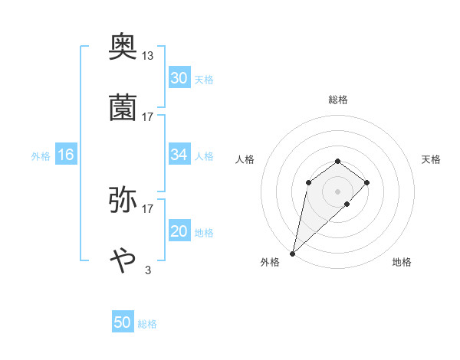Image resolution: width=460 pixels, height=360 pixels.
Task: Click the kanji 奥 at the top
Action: [123, 47]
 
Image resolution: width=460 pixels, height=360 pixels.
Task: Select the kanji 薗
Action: [123, 108]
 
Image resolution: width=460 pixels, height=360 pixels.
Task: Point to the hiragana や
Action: [123, 260]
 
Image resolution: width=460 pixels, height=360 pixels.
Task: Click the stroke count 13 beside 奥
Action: [148, 55]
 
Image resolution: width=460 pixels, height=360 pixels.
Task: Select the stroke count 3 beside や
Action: [148, 270]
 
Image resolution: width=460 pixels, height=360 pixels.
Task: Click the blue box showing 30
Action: [179, 78]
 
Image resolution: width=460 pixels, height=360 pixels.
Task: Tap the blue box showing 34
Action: [179, 155]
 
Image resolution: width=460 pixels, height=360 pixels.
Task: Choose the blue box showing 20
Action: [179, 231]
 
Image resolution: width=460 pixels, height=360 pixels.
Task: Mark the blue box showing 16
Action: [66, 155]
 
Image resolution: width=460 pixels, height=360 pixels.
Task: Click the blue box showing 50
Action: [123, 322]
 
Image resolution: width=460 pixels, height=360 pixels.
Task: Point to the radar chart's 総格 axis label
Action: [338, 100]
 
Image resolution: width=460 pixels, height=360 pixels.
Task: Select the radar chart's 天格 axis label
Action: [432, 159]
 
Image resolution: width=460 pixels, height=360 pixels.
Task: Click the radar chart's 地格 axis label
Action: [402, 262]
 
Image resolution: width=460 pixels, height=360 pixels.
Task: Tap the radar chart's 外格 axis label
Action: [270, 262]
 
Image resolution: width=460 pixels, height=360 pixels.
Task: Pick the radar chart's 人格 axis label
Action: [245, 159]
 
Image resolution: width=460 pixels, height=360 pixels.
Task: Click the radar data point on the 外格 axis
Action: [292, 253]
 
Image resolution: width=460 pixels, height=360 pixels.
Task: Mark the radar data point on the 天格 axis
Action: [367, 182]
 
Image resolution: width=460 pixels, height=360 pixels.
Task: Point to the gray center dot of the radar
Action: [338, 191]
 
